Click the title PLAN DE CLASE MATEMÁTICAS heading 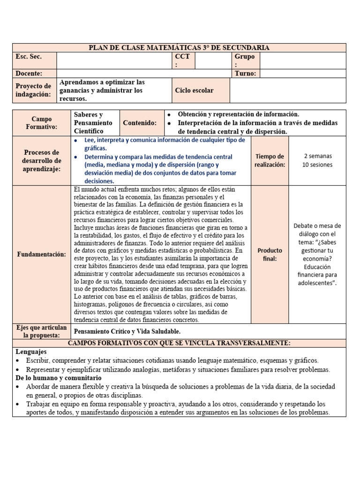click(x=179, y=48)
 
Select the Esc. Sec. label click(x=29, y=57)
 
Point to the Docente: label click(x=29, y=74)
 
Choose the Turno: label click(x=244, y=74)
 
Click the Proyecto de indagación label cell click(x=33, y=90)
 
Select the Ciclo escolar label click(x=194, y=90)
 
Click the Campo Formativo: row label click(x=42, y=123)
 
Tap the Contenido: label click(x=140, y=123)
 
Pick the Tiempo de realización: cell click(x=270, y=160)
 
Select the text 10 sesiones click(x=317, y=165)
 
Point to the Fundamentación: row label click(x=42, y=254)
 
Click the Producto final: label click(x=270, y=254)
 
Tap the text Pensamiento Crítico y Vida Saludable click(x=127, y=331)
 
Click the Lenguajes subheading click(x=31, y=352)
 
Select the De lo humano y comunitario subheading click(x=58, y=378)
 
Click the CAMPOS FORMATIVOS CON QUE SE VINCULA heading click(x=179, y=343)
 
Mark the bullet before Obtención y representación click(x=169, y=114)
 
